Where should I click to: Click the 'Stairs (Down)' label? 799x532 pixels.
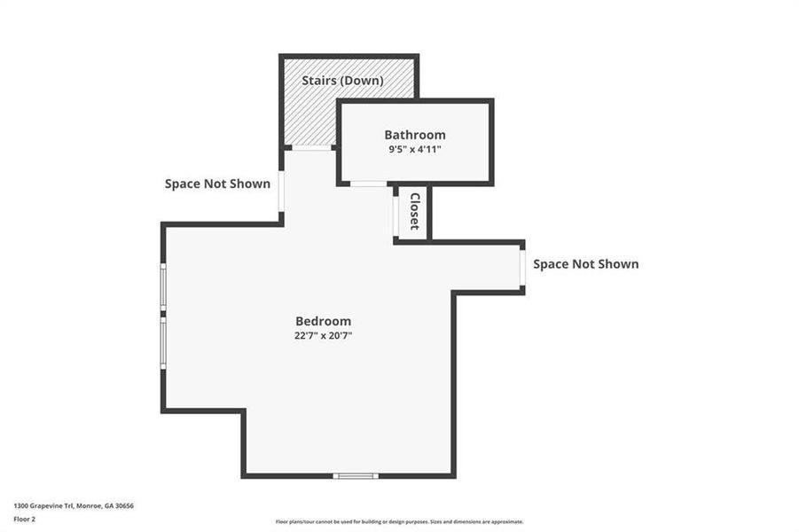click(x=342, y=81)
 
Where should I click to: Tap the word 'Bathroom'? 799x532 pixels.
click(x=414, y=135)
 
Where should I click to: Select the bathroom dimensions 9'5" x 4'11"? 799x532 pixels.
click(x=414, y=150)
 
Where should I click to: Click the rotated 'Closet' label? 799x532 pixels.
click(x=414, y=211)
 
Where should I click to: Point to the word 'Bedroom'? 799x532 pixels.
click(x=323, y=321)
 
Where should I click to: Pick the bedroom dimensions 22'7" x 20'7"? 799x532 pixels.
click(x=323, y=335)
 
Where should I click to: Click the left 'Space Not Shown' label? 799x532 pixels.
click(x=217, y=184)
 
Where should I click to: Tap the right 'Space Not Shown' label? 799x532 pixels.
click(x=585, y=264)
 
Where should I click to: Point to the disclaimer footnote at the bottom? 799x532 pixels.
click(x=399, y=521)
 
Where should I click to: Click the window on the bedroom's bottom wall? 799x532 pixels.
click(x=356, y=476)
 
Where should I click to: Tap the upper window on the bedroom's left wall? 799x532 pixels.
click(x=163, y=286)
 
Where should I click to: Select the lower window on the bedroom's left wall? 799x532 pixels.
click(x=163, y=344)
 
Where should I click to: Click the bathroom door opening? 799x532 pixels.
click(x=368, y=184)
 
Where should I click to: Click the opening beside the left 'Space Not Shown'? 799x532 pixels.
click(x=281, y=191)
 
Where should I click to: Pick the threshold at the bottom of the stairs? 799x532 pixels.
click(x=311, y=147)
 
